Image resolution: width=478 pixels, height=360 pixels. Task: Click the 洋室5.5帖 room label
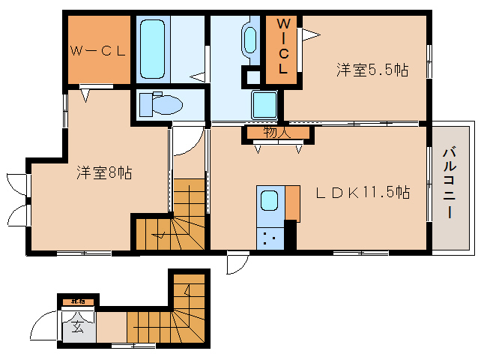tap(372, 70)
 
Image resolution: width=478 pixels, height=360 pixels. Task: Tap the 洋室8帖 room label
tap(104, 173)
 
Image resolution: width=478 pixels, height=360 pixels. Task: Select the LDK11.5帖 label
tap(362, 192)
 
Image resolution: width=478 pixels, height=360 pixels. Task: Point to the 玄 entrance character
tap(78, 326)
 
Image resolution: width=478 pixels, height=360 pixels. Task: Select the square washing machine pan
tap(264, 103)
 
